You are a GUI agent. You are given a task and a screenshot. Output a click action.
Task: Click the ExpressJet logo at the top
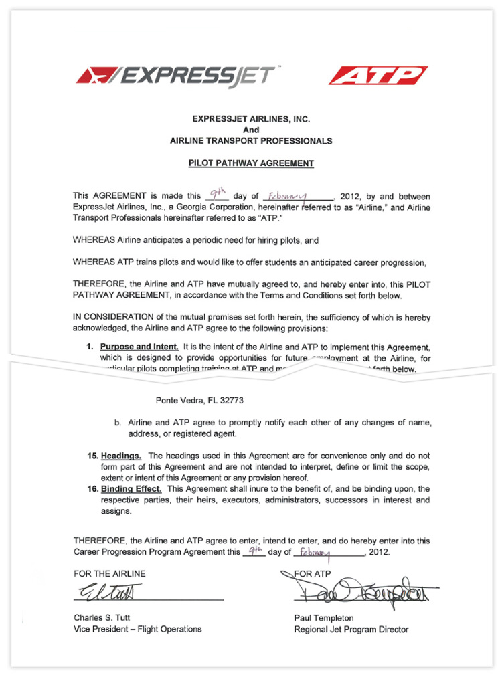176,76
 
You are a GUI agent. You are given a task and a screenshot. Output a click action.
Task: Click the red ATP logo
378,76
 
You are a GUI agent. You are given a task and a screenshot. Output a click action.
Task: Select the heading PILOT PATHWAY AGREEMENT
251,163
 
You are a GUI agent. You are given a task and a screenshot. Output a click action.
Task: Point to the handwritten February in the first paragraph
286,197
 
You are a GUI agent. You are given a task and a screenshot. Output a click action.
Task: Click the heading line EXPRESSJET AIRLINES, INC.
251,119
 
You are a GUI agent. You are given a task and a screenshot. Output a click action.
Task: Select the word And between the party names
251,130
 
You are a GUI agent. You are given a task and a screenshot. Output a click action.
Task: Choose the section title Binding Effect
131,489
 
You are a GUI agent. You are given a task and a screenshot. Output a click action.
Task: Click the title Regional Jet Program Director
351,629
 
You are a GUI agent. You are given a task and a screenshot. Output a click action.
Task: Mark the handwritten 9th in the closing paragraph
254,551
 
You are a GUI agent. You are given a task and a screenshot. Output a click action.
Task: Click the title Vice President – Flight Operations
137,629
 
